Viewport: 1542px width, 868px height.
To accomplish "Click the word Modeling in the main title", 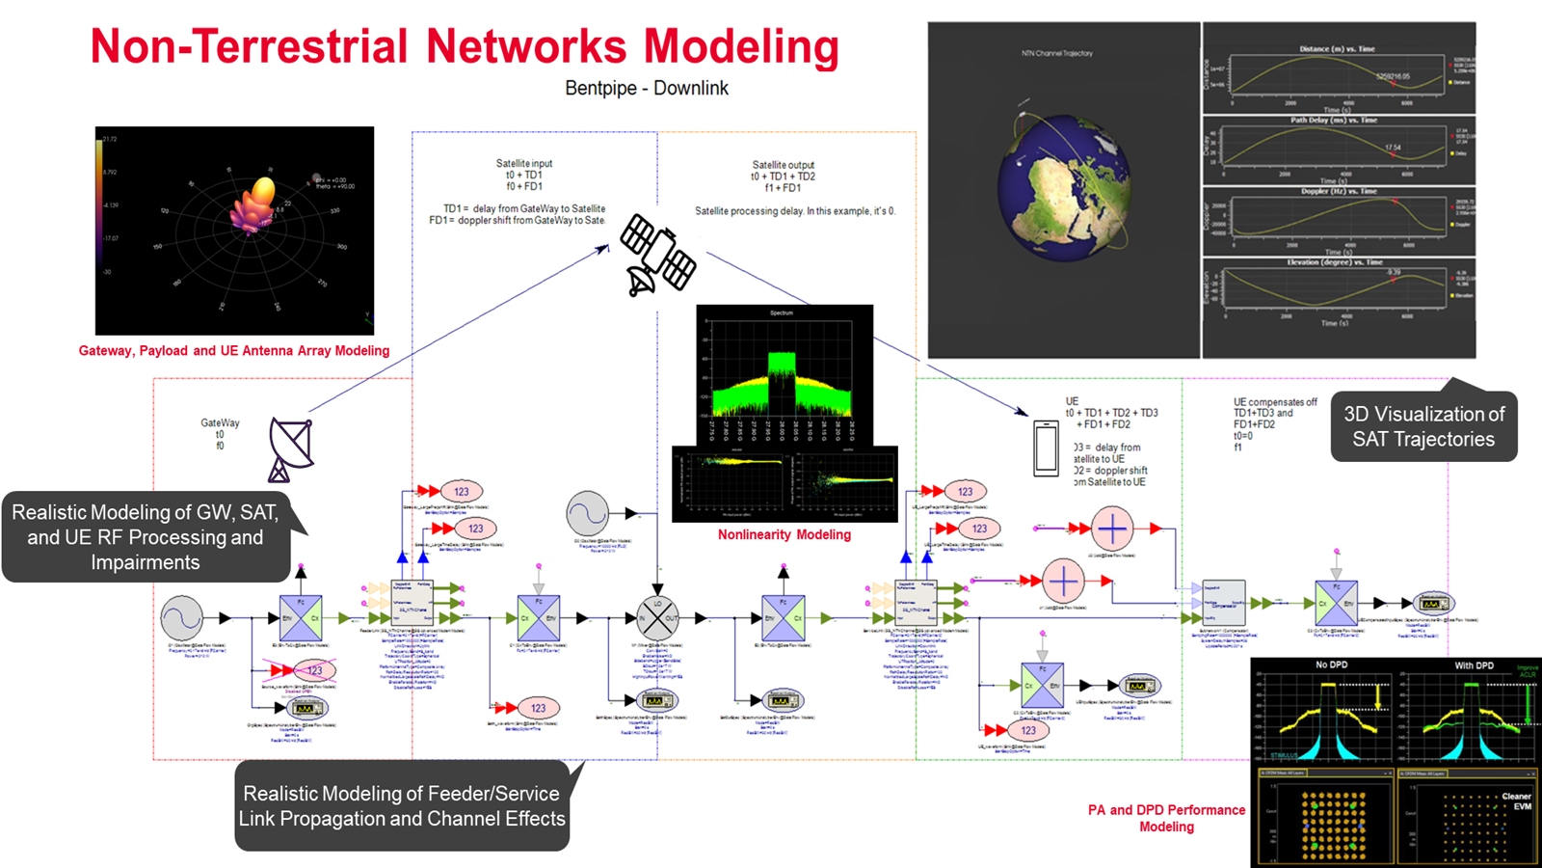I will click(x=741, y=47).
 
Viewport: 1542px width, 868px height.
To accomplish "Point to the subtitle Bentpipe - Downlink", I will click(x=646, y=88).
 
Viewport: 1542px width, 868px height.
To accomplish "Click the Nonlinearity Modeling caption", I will click(x=784, y=534).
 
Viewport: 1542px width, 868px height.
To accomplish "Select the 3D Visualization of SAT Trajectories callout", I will click(x=1423, y=426).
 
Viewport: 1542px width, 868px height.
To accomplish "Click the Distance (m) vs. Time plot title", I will click(x=1337, y=48).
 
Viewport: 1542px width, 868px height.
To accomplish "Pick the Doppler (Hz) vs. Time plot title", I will click(x=1338, y=191).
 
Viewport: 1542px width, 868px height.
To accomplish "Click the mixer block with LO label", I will click(x=657, y=617).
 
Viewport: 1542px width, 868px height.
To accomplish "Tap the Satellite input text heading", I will click(x=524, y=163).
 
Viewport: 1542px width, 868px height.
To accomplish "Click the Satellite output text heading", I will click(x=783, y=165).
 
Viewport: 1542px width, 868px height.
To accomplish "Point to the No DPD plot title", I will click(x=1331, y=665).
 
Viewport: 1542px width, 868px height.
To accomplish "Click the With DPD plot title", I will click(x=1474, y=665).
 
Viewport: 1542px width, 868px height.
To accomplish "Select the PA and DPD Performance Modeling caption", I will click(x=1166, y=818).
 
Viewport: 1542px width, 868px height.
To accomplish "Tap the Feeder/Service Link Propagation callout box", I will click(x=402, y=805).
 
